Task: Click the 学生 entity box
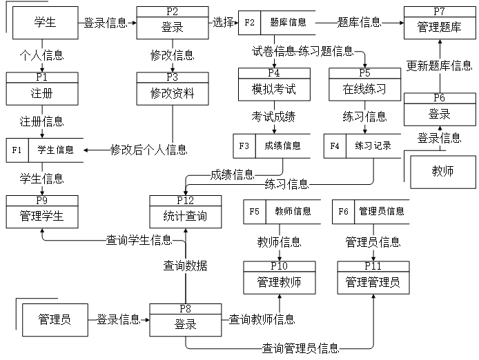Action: click(45, 23)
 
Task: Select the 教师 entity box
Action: click(442, 172)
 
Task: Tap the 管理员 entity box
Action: click(55, 320)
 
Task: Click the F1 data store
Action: click(17, 150)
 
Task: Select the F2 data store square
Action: click(249, 23)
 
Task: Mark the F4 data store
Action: click(335, 146)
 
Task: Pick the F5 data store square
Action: click(254, 212)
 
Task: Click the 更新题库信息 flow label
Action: click(439, 66)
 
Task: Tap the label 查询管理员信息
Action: click(300, 348)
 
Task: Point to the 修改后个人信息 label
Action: click(149, 150)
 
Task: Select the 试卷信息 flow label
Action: click(274, 51)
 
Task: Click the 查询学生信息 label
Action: click(139, 240)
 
